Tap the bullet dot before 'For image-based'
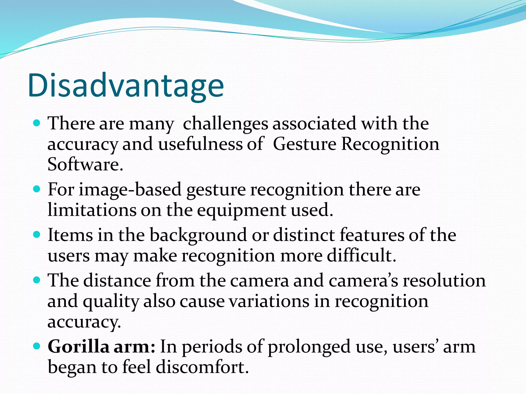37,189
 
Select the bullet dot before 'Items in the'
37,235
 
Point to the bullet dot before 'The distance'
37,280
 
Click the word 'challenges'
225,124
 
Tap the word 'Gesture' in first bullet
304,144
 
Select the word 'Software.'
85,164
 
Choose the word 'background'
198,235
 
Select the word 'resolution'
444,281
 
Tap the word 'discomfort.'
202,367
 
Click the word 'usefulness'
200,144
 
